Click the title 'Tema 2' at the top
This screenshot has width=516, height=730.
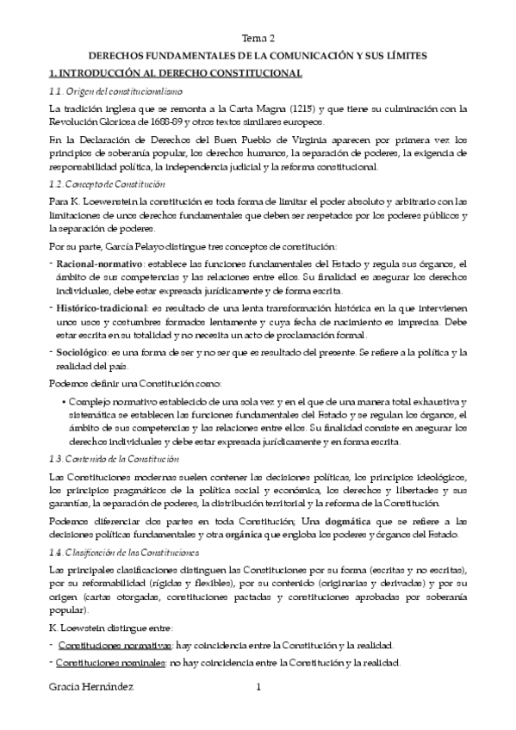[258, 38]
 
